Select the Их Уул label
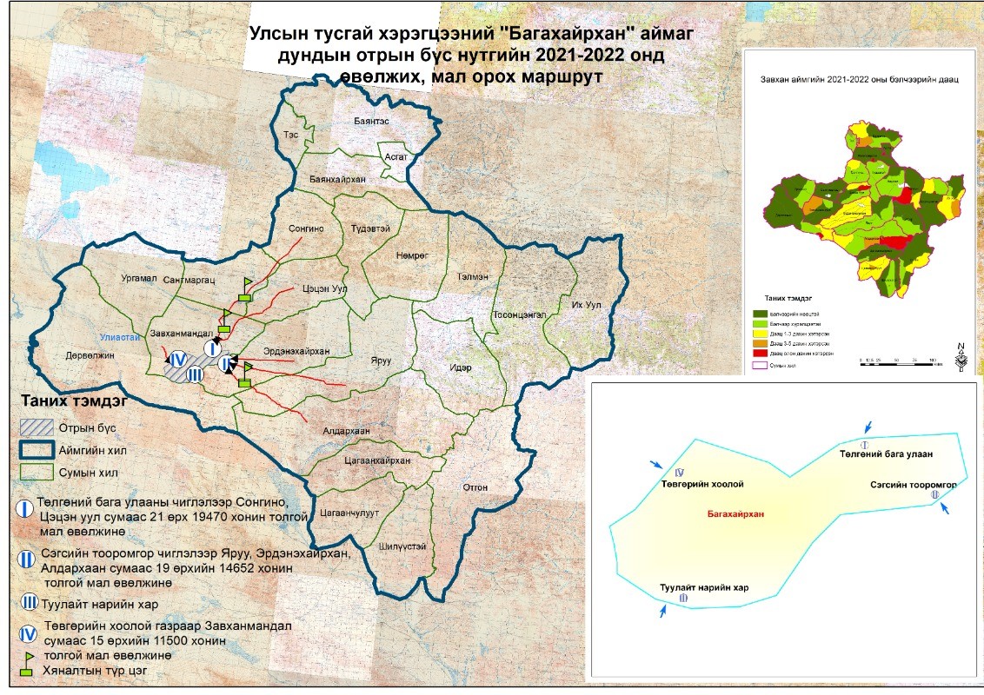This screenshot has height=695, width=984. [587, 305]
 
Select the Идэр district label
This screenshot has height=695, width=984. [460, 369]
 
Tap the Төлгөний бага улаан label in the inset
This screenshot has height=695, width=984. [884, 453]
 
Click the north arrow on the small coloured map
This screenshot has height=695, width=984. [961, 355]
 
